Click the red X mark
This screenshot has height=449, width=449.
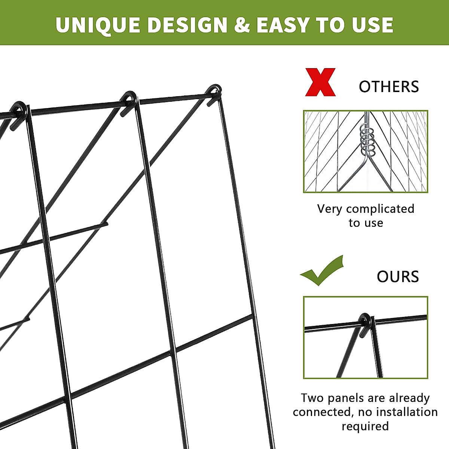pyautogui.click(x=320, y=82)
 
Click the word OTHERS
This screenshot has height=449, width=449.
pyautogui.click(x=389, y=87)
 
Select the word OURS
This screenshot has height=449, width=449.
pyautogui.click(x=398, y=277)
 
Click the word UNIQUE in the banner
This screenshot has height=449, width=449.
pyautogui.click(x=98, y=25)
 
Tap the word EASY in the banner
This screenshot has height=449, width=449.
pyautogui.click(x=282, y=25)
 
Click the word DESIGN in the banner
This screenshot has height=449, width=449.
pyautogui.click(x=187, y=25)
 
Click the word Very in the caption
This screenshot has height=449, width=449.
pyautogui.click(x=330, y=209)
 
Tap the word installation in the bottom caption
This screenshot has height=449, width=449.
pyautogui.click(x=407, y=412)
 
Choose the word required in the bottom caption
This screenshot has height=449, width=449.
pyautogui.click(x=365, y=426)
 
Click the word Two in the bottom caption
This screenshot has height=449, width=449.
pyautogui.click(x=313, y=398)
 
